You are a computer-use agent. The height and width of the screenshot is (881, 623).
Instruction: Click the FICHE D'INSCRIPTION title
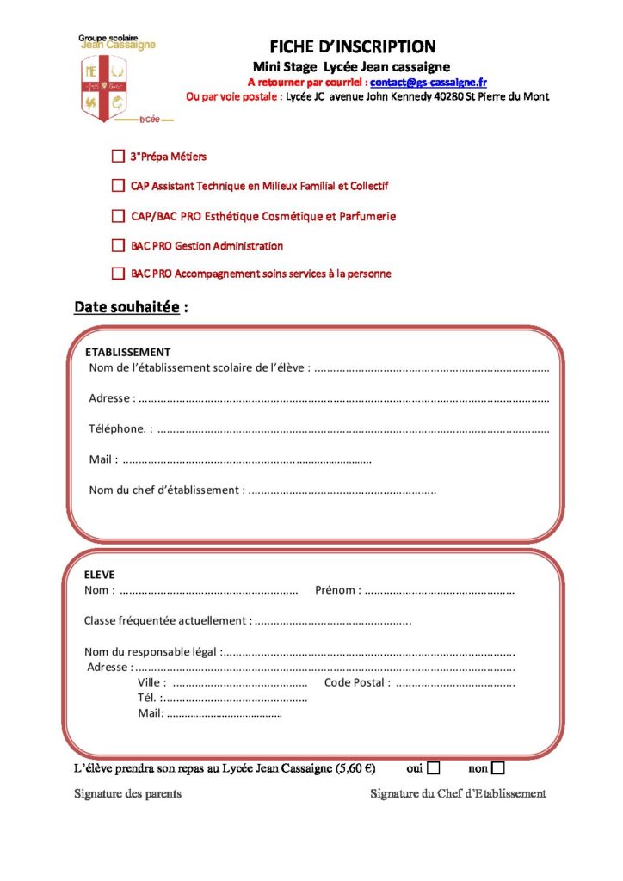click(353, 46)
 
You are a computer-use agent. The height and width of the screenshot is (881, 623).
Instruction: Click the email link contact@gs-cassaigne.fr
click(429, 82)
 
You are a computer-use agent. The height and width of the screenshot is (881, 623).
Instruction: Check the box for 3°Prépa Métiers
click(118, 157)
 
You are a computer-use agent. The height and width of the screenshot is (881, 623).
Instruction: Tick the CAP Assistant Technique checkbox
click(118, 185)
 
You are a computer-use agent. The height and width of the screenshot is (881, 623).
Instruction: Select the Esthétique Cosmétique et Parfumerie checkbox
click(118, 216)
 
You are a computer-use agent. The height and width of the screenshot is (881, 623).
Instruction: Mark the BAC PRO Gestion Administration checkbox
click(118, 245)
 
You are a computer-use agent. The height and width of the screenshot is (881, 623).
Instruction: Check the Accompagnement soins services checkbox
click(118, 274)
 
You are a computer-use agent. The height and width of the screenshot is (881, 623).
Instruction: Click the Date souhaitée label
click(127, 306)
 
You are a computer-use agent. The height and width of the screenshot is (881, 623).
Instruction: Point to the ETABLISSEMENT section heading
click(128, 352)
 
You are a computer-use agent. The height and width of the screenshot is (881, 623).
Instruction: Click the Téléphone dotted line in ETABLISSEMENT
click(353, 429)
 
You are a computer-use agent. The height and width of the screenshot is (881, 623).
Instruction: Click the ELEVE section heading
click(99, 574)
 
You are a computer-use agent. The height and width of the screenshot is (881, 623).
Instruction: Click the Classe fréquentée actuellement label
click(167, 620)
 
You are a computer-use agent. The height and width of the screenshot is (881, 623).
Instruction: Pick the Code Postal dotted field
click(455, 684)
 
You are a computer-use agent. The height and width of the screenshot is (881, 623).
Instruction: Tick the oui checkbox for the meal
click(434, 767)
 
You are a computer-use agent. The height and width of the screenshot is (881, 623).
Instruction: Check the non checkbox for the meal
click(498, 767)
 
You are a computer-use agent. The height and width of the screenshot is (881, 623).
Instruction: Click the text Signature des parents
click(127, 794)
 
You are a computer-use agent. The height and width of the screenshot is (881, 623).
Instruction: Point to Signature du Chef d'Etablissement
click(458, 794)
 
